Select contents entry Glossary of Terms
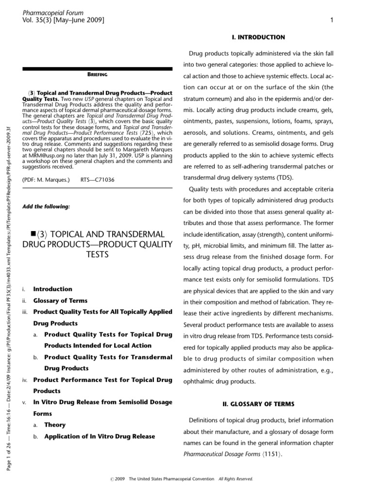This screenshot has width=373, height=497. click(60, 300)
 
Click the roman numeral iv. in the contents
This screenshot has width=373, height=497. click(25, 379)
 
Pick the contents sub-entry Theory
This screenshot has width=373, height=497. click(55, 425)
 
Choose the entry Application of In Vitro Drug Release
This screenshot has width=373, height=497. click(100, 436)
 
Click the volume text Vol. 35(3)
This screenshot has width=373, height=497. click(37, 20)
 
